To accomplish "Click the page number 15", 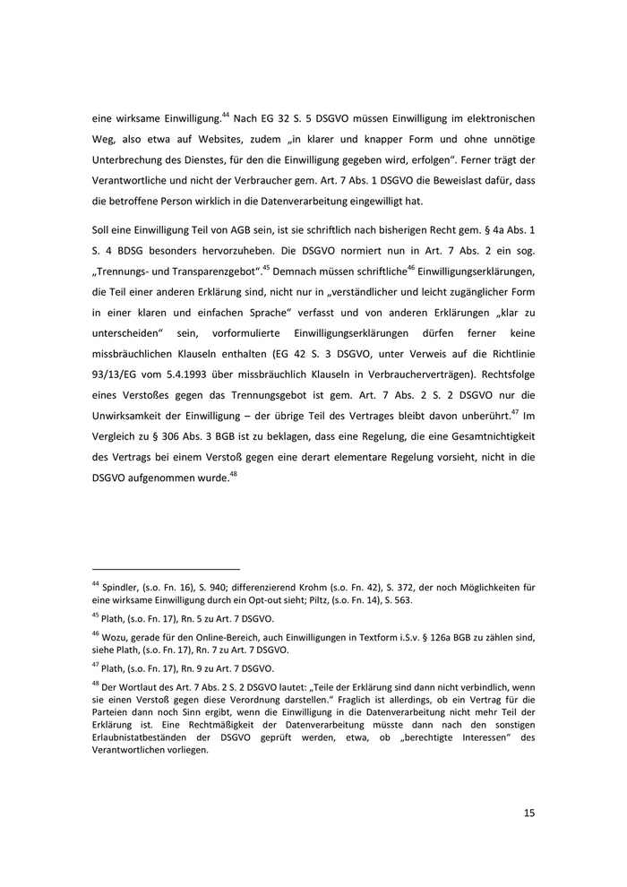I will pos(528,814).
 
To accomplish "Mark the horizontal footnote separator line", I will pos(167,569).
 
